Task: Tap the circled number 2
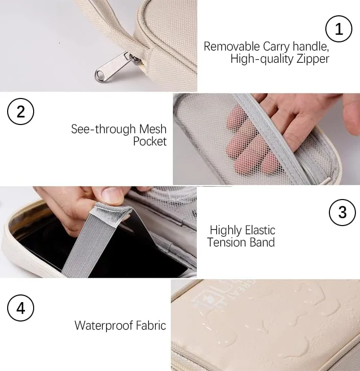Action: click(x=20, y=111)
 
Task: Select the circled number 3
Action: click(x=342, y=212)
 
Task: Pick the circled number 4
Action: click(x=20, y=308)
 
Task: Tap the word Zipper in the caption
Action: click(x=312, y=59)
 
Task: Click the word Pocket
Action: click(x=150, y=141)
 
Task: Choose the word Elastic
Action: click(x=257, y=230)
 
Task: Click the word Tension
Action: click(x=226, y=242)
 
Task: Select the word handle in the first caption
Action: click(x=311, y=46)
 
